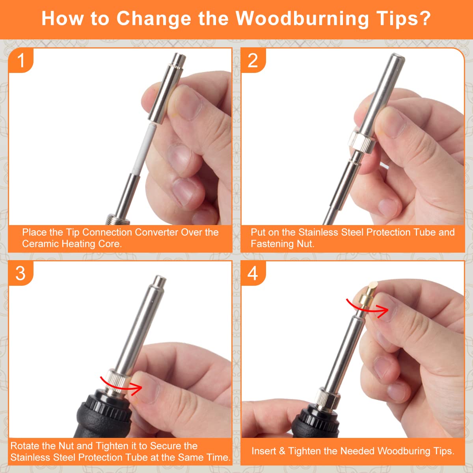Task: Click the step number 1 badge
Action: pos(21,60)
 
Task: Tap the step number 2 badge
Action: pos(253,60)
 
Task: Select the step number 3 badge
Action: pos(21,273)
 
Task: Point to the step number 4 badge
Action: pos(253,273)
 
